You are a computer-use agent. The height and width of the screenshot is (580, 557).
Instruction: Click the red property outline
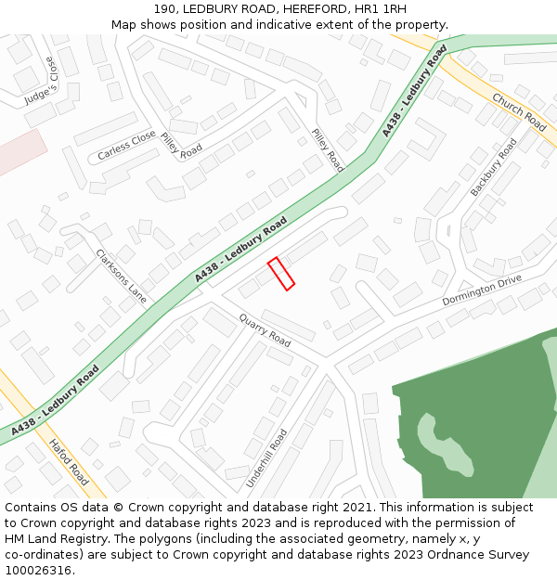[x=281, y=274]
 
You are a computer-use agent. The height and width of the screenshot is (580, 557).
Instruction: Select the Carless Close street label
[x=126, y=145]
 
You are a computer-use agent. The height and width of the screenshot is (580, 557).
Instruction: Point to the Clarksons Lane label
[x=121, y=276]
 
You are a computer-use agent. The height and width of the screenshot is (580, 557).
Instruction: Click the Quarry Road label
[x=265, y=330]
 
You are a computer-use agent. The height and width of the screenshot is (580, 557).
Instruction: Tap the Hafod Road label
[x=68, y=462]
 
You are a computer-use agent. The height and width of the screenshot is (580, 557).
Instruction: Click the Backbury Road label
[x=493, y=167]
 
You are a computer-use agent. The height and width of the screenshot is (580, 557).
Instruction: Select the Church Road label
[x=519, y=111]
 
